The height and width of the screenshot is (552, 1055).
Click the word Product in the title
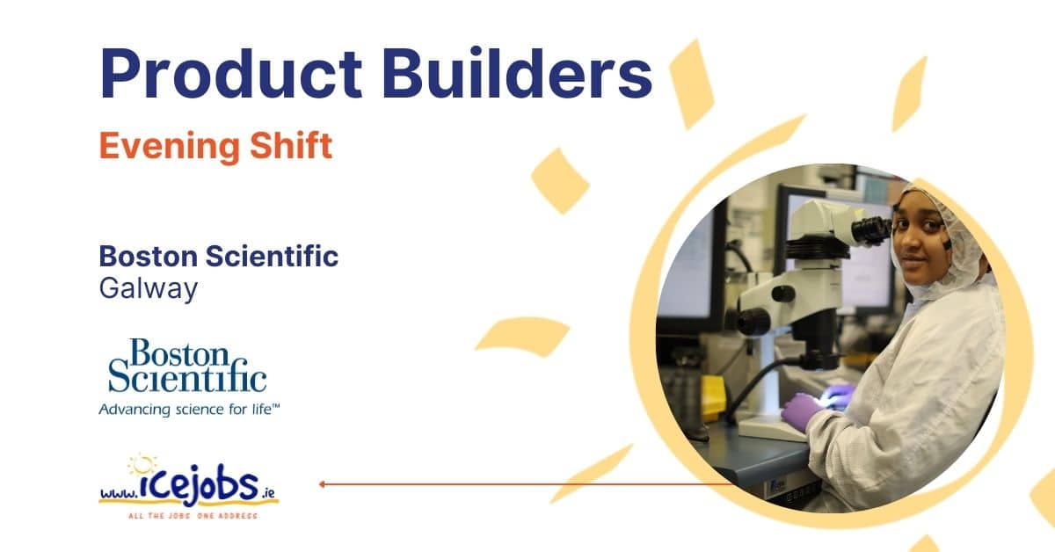click(x=230, y=73)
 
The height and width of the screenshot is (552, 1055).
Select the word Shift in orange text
click(x=291, y=145)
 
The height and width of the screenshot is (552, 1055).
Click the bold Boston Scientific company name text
click(x=219, y=256)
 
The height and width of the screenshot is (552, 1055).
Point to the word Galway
click(x=149, y=288)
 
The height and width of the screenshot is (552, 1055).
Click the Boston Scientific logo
click(x=187, y=366)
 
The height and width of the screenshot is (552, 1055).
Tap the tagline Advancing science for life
click(x=189, y=410)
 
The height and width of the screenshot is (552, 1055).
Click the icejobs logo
click(x=188, y=486)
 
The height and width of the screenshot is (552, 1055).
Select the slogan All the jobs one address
click(x=193, y=516)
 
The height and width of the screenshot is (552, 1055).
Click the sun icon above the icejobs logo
click(x=142, y=464)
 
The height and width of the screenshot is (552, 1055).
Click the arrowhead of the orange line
click(x=322, y=483)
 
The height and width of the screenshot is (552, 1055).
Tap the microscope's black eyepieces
click(x=871, y=230)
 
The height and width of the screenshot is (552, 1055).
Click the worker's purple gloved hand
click(x=801, y=410)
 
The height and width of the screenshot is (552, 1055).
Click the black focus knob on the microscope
click(x=783, y=294)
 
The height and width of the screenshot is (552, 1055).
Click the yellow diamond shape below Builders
click(x=560, y=180)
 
